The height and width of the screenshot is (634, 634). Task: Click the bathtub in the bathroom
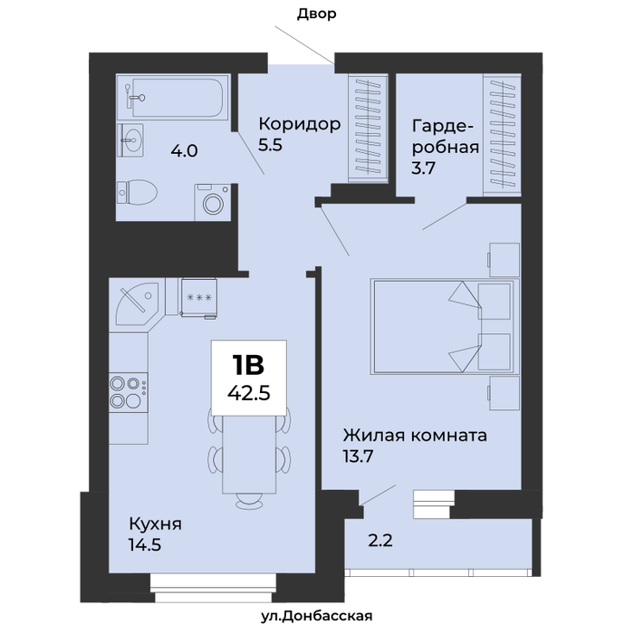point(173,97)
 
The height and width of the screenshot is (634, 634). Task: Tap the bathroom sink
point(130,139)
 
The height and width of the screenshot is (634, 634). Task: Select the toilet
point(137,192)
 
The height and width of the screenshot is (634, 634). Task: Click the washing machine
point(213,202)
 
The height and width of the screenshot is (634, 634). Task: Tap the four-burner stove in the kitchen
point(129,392)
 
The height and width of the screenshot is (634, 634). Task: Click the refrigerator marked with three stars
point(199,298)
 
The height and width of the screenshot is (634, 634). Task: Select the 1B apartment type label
point(248,365)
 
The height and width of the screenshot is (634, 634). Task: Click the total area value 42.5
point(249,392)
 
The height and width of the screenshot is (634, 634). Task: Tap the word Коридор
point(300,124)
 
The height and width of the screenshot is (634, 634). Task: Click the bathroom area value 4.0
point(184,151)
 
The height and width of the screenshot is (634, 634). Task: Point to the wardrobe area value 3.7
point(423,168)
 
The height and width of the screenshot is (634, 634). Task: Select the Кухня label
point(155,524)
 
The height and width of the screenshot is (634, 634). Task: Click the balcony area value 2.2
point(380,541)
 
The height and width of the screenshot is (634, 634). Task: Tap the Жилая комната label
point(415,436)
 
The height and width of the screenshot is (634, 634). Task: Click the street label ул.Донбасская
point(317,616)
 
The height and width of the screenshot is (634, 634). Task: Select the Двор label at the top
point(317,14)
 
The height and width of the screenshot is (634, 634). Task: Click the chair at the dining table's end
point(249,502)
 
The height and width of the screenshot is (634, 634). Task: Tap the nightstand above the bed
point(504,260)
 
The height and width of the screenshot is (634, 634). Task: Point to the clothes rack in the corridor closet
point(368,126)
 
